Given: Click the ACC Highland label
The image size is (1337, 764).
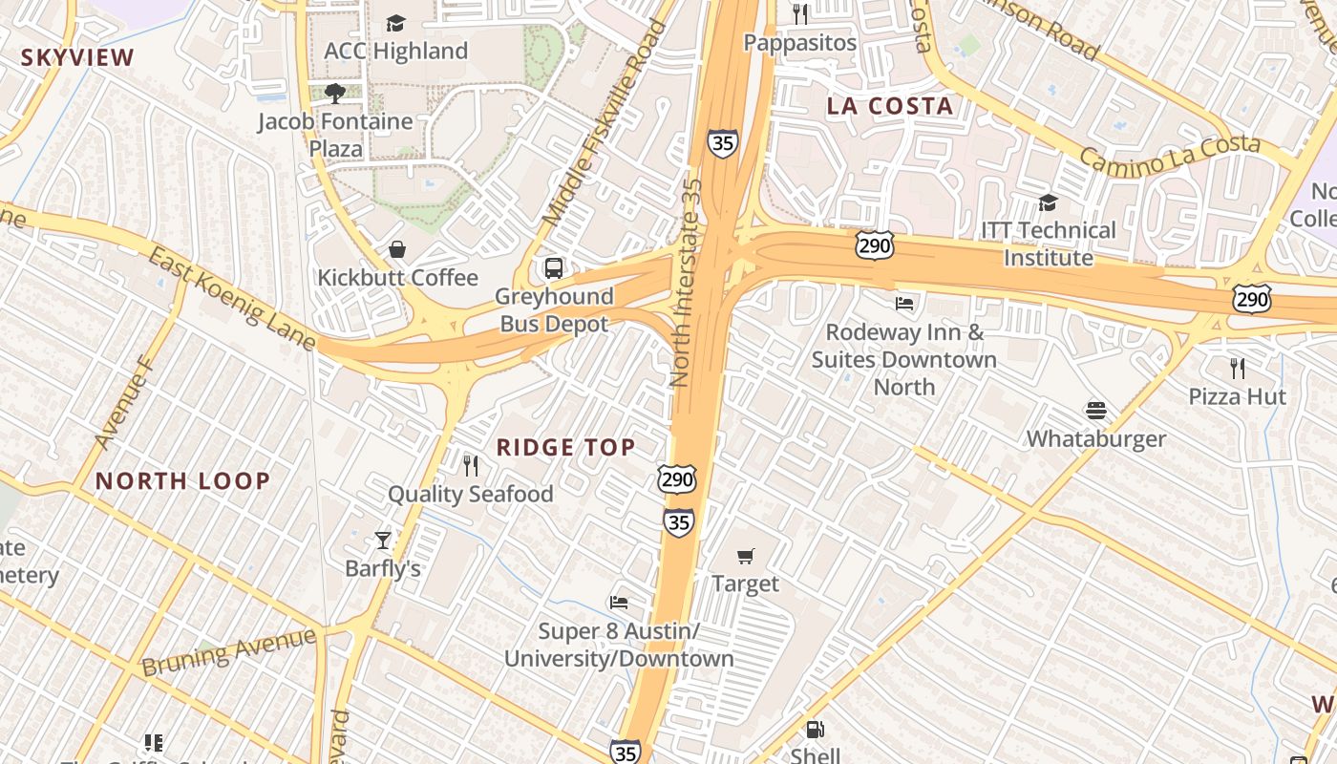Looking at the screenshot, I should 396,51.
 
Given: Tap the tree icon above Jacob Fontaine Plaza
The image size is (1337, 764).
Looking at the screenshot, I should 334,93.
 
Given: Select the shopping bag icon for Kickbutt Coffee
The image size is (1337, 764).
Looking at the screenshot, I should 396,249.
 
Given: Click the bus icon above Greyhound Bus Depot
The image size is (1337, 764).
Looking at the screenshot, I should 554,267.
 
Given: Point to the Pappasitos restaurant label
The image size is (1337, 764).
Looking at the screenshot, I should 800,43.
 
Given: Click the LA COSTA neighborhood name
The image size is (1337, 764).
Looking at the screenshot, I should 891,106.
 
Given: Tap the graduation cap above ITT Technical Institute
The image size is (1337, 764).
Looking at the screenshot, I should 1048,202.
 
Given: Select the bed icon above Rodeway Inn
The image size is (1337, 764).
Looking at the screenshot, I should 904,304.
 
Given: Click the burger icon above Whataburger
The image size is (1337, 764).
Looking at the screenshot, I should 1095,411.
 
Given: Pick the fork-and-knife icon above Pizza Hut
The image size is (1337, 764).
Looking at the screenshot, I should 1237,368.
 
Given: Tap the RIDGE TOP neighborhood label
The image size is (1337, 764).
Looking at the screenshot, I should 566,447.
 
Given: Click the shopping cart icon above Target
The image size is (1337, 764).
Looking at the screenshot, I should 746,556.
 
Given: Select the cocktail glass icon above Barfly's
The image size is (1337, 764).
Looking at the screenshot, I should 383,541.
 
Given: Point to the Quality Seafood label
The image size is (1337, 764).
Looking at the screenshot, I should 470,494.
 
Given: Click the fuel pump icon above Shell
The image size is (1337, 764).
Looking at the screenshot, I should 815,730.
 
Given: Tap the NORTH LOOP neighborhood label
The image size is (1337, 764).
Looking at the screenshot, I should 183,480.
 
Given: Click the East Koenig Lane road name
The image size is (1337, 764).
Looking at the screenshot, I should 232,297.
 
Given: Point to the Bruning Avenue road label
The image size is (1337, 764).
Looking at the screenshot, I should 229,651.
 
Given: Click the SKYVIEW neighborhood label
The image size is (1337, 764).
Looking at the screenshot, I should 78,57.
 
